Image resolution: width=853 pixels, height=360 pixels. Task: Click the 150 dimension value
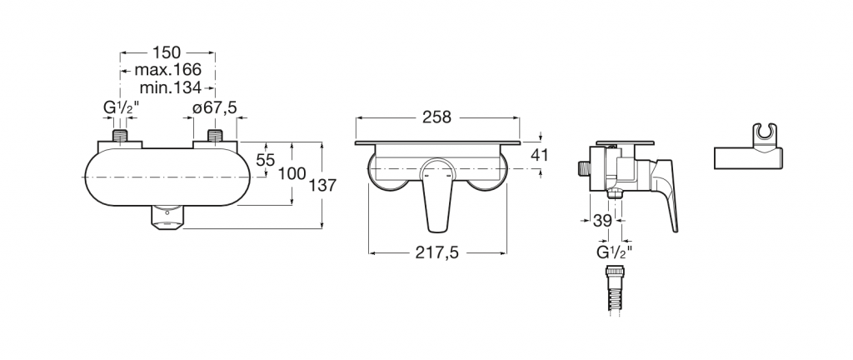pos(167,52)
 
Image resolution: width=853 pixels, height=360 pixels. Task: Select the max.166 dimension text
pos(168,70)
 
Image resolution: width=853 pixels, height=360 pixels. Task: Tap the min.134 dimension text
pos(170,87)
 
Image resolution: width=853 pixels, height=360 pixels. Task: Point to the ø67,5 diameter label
pos(215,108)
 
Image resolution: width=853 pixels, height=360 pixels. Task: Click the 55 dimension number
pos(266,160)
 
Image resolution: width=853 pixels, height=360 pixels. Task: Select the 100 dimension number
pos(292,174)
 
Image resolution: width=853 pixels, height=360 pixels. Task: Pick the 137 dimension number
pos(322,186)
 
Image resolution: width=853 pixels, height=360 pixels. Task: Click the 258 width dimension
pos(436,117)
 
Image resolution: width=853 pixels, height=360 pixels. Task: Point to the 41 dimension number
pos(539,155)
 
